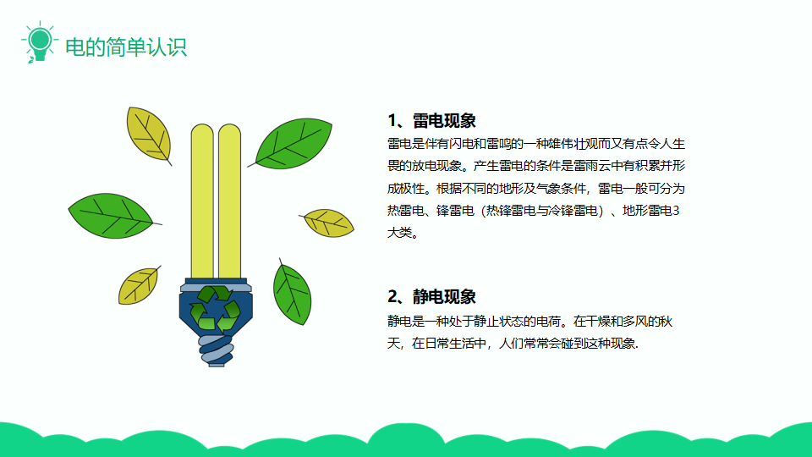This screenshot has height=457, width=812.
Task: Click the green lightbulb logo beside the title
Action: [40, 42]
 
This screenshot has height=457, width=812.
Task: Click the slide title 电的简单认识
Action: [126, 47]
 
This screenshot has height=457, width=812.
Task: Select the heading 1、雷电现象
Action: [431, 121]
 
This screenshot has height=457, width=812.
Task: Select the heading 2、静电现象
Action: [431, 297]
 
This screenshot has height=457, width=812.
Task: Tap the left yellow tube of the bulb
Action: [202, 201]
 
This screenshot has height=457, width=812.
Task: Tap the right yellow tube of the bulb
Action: [229, 201]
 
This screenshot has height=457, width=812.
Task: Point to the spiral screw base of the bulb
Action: [216, 350]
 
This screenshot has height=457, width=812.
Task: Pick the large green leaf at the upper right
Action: [293, 144]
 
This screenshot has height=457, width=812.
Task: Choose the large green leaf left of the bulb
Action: [112, 216]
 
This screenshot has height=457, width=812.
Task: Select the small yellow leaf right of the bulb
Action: [327, 223]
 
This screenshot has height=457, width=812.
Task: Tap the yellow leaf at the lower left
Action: [139, 285]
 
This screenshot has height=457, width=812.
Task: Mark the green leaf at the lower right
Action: [292, 294]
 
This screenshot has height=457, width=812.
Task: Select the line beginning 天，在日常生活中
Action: [513, 343]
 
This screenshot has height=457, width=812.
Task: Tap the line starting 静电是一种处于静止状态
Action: [529, 322]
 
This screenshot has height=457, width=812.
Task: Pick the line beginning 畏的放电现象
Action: [536, 166]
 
